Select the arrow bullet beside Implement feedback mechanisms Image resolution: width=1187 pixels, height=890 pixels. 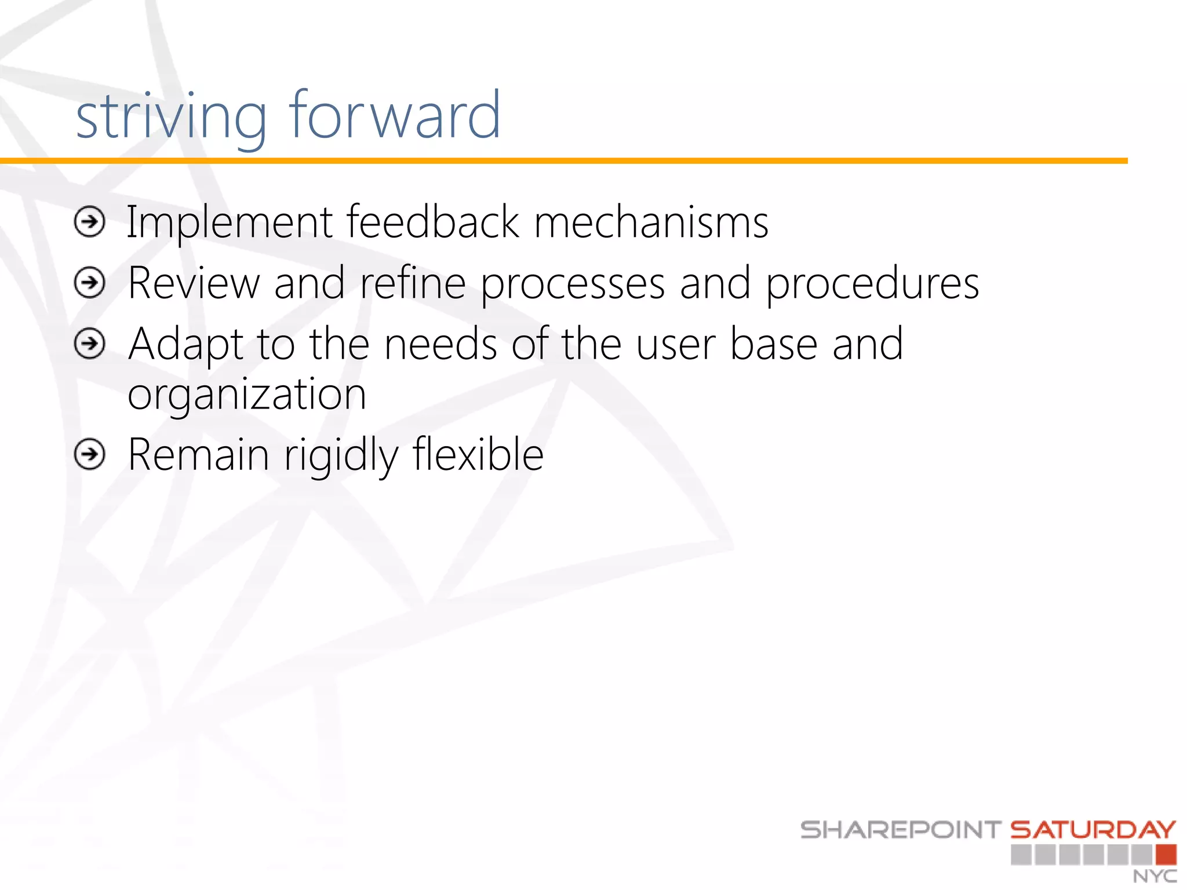pyautogui.click(x=90, y=222)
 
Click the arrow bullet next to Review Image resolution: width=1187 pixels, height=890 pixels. pyautogui.click(x=90, y=283)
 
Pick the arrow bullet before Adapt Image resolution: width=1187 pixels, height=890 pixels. pyautogui.click(x=90, y=344)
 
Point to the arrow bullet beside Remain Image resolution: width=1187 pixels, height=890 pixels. pyautogui.click(x=90, y=454)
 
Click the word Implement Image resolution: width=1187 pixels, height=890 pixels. pyautogui.click(x=230, y=223)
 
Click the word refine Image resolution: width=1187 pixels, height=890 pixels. pyautogui.click(x=413, y=283)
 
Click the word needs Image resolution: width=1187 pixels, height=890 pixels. pyautogui.click(x=440, y=345)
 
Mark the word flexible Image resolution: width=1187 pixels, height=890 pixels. pyautogui.click(x=478, y=455)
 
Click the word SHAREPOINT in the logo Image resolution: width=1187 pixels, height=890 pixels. pyautogui.click(x=901, y=830)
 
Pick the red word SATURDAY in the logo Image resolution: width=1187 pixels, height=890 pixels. pyautogui.click(x=1093, y=830)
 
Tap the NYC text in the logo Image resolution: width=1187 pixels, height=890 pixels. pyautogui.click(x=1155, y=876)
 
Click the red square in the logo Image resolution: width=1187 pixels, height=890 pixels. pyautogui.click(x=1166, y=855)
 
